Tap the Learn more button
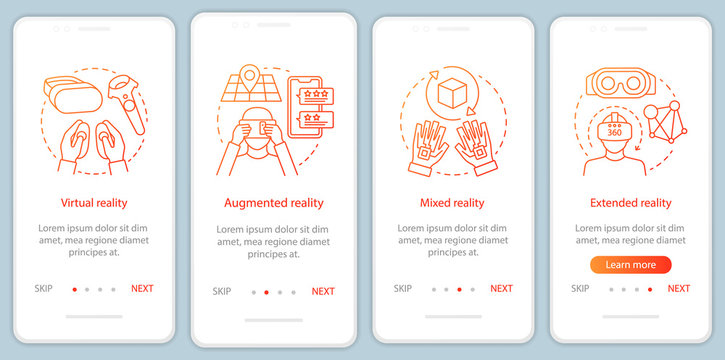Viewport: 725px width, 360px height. (630, 265)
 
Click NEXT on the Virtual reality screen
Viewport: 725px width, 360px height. (142, 288)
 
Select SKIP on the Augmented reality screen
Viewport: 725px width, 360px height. (222, 291)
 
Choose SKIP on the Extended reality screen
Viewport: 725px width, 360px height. (580, 288)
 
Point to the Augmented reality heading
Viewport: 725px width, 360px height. (273, 203)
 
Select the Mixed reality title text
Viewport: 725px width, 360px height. (453, 203)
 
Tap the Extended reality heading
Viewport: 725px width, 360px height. (630, 203)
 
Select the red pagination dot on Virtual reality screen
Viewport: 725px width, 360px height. (74, 289)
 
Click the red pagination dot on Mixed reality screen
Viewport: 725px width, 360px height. (459, 289)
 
